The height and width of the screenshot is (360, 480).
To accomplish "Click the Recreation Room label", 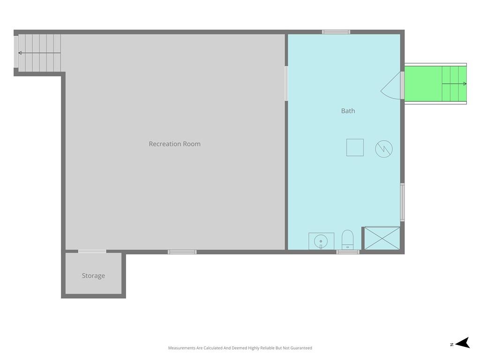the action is [174, 144].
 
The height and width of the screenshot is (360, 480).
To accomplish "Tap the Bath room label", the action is [348, 111].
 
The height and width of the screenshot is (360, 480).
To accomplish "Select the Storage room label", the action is [93, 276].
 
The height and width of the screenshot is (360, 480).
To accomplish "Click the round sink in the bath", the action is [321, 241].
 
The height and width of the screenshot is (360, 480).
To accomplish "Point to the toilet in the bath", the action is [347, 240].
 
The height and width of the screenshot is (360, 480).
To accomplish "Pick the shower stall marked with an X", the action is [382, 238].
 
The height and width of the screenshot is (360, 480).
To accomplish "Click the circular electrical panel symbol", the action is [384, 149].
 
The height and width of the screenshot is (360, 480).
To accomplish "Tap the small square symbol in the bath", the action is [355, 148].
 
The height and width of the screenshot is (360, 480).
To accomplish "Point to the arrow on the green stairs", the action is [454, 83].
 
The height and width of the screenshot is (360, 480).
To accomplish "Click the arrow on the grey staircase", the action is [39, 53].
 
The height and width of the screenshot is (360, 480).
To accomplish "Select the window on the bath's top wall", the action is [336, 32].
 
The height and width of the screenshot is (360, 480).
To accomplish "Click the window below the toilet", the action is [348, 252].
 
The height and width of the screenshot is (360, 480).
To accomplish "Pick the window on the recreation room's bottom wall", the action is [182, 252].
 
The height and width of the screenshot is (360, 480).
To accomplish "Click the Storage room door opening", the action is [92, 251].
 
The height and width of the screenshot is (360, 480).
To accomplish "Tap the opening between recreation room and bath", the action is [286, 83].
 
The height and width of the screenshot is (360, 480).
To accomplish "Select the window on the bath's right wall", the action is [403, 202].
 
